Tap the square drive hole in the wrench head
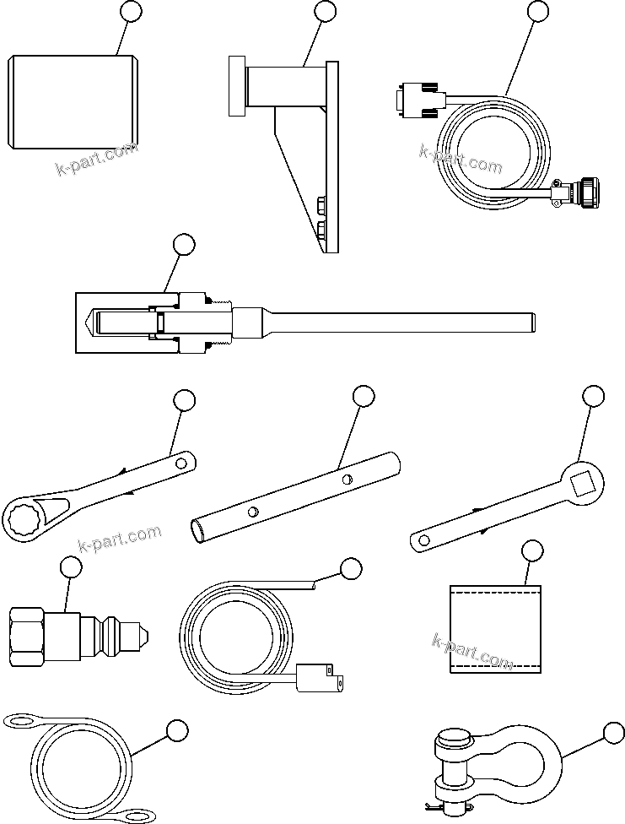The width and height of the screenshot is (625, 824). coord(583,484)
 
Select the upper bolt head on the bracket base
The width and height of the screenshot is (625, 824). coord(322,205)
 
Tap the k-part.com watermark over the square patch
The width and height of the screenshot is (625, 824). coord(472,652)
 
